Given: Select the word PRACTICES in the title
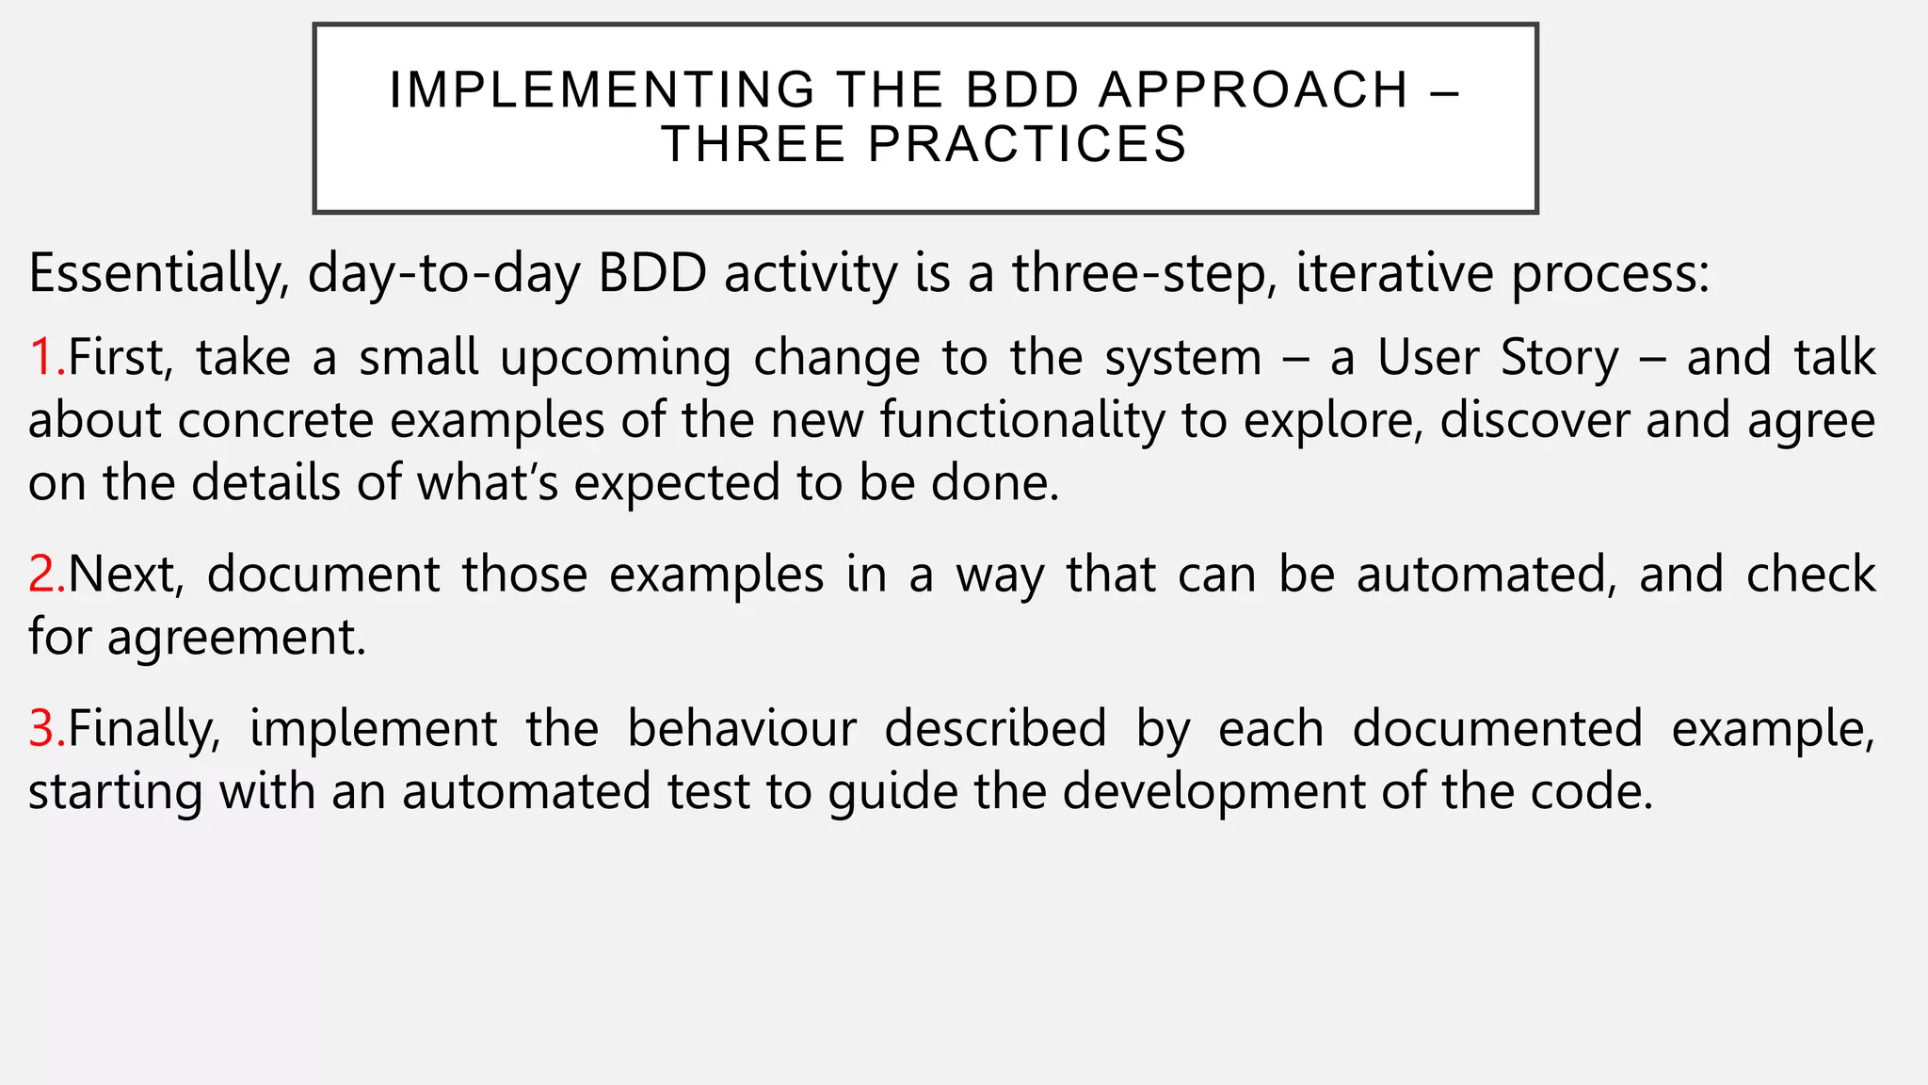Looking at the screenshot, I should click(x=1027, y=144).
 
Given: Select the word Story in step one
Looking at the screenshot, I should click(x=1559, y=358).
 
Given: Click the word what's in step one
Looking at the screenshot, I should click(x=488, y=483).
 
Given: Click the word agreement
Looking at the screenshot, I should click(x=235, y=638).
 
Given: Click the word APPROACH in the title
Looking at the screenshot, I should click(x=1254, y=90).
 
